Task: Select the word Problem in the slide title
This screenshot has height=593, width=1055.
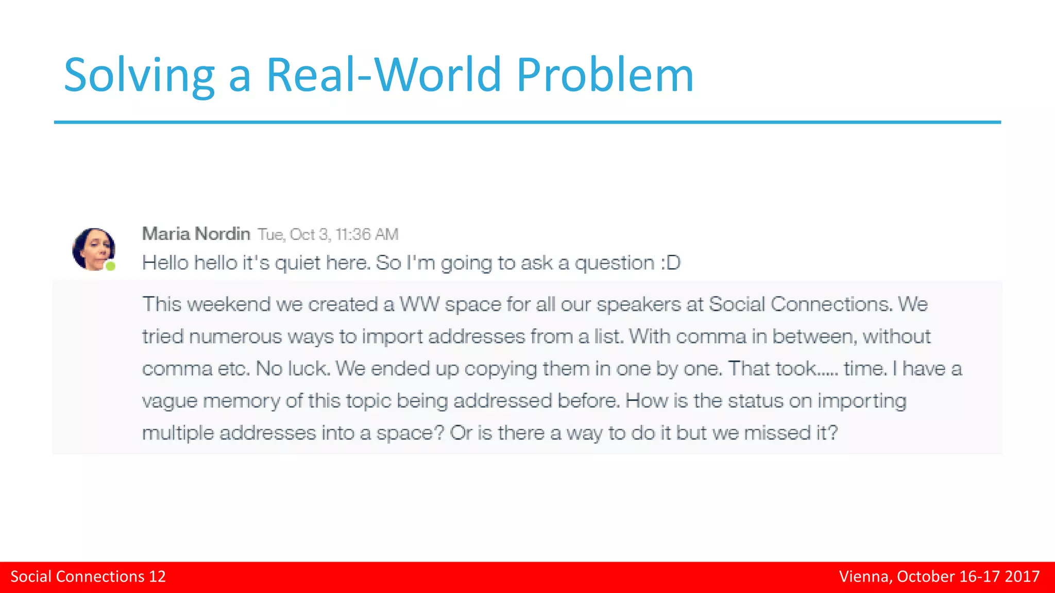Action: coord(605,75)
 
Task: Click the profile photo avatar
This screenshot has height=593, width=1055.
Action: coord(94,249)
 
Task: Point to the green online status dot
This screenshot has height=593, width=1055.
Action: coord(110,266)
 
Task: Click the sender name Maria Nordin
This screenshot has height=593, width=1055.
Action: coord(196,234)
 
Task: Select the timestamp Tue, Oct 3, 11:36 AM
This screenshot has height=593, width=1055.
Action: coord(328,235)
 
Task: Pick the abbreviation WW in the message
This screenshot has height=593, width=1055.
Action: coord(419,304)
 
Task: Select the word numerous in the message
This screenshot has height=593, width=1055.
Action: coord(235,337)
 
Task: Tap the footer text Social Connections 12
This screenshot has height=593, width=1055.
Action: coord(88,577)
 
